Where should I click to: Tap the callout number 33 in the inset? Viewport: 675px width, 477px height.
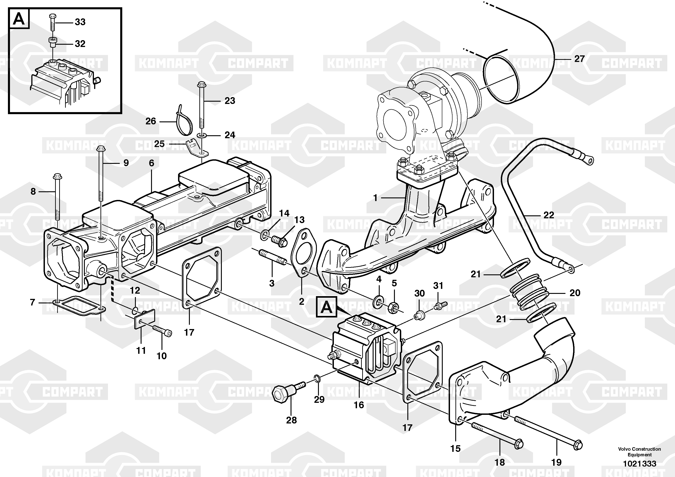80,22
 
